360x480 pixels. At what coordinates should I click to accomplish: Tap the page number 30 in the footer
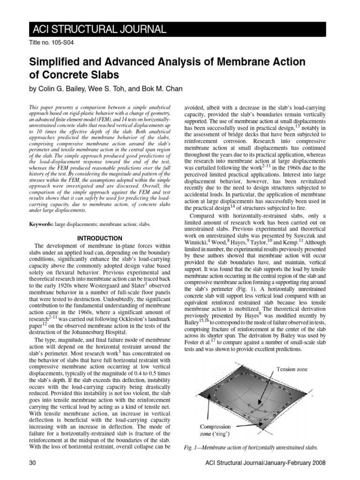[x=33, y=464]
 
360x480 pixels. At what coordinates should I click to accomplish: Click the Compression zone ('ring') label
[x=215, y=430]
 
